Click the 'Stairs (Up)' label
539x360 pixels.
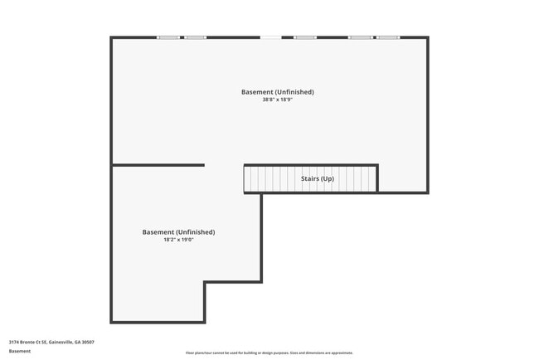tap(317, 178)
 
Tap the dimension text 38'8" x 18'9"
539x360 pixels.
tap(278, 100)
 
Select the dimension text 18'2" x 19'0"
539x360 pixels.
tap(178, 240)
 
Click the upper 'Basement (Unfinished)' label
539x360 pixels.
tap(278, 91)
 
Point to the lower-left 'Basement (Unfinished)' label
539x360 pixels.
tap(178, 232)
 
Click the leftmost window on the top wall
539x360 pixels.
tap(168, 37)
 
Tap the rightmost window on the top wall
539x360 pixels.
tap(388, 37)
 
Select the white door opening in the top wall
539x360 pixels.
tap(270, 37)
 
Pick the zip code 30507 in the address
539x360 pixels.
tap(87, 342)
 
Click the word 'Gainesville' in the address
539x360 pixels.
tap(60, 342)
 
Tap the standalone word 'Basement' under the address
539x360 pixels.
tap(20, 351)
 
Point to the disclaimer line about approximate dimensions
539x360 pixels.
tap(269, 353)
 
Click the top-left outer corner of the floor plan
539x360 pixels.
tap(112, 37)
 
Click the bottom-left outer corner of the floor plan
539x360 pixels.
tap(112, 322)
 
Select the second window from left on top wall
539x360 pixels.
tap(195, 37)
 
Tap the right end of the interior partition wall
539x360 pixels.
tap(203, 165)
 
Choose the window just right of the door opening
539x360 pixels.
tap(305, 37)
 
